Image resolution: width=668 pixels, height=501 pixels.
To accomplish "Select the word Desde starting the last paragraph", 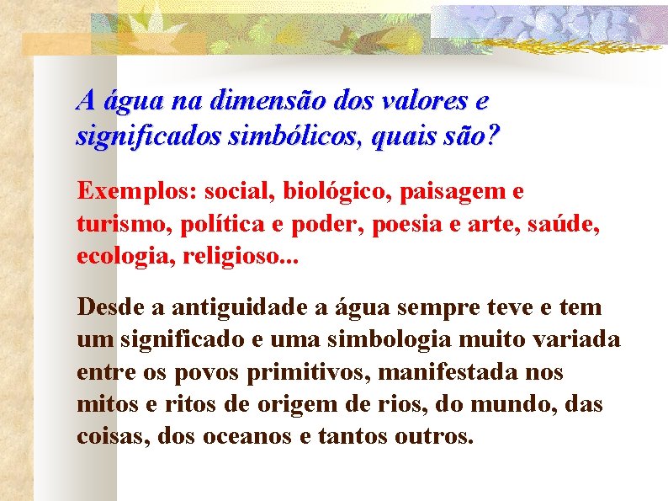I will pyautogui.click(x=105, y=307).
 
